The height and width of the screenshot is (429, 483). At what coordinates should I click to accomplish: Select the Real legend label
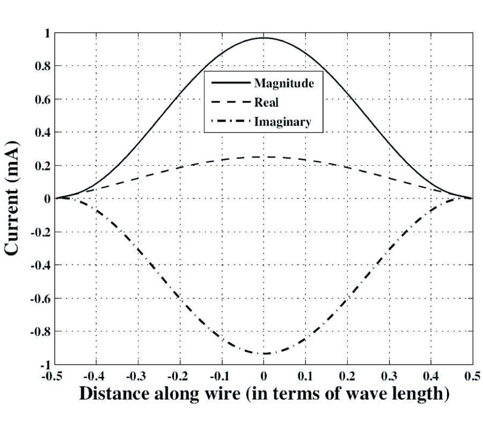coord(266,102)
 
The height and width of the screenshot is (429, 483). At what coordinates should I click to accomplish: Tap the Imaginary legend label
coord(282,122)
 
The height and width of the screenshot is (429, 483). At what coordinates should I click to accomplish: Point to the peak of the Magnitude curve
coord(264,38)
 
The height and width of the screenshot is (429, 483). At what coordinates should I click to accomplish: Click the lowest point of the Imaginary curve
coord(264,353)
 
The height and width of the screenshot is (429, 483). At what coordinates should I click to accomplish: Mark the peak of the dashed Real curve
coord(264,157)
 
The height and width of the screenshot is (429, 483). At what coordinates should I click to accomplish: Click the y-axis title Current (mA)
coord(13,198)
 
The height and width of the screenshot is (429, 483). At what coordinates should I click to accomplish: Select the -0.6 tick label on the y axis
coord(38,298)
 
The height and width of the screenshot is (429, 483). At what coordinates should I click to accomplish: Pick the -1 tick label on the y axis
coord(43,365)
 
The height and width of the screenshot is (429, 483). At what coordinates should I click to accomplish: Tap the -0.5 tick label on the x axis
coord(54,375)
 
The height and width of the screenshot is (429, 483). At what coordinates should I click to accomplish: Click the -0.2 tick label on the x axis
coord(179,375)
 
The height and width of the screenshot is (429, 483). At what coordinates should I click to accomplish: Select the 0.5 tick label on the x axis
coord(473,375)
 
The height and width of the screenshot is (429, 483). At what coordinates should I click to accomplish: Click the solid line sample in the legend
coord(231,83)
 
